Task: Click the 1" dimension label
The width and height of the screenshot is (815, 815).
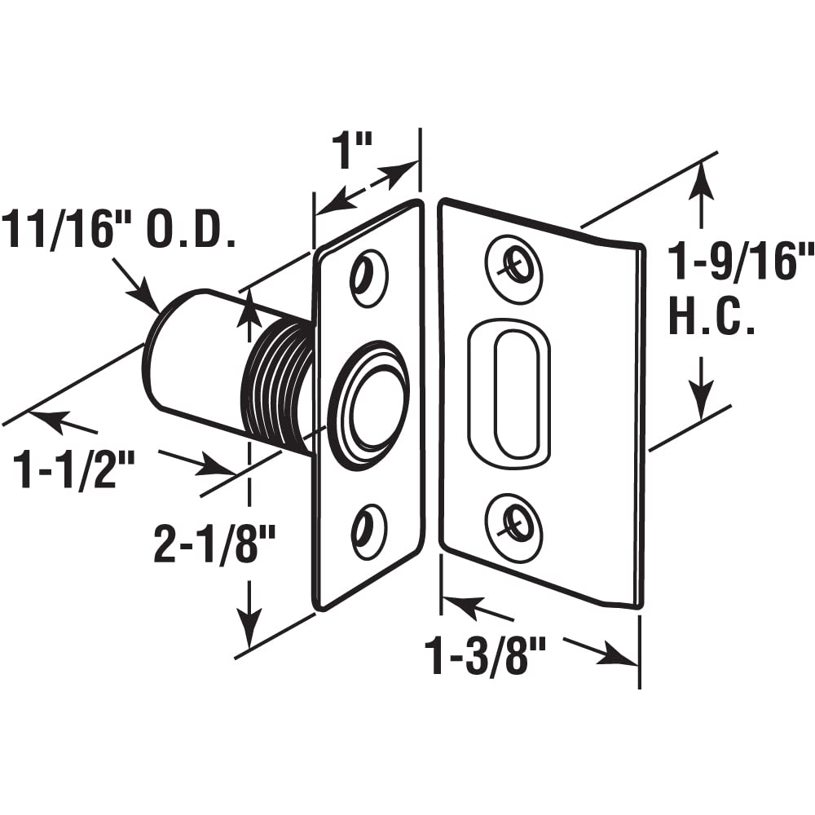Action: (352, 152)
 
